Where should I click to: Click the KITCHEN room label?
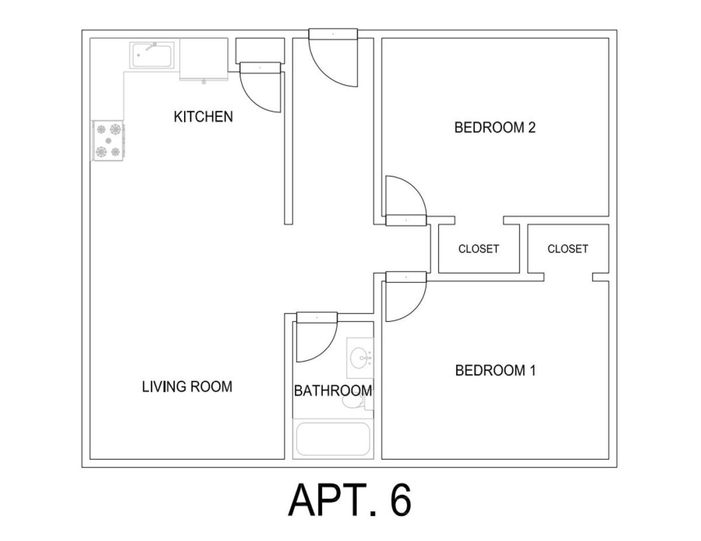click(203, 117)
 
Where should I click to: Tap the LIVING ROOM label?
click(187, 387)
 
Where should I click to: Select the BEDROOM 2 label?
click(495, 128)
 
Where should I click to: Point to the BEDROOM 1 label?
click(495, 371)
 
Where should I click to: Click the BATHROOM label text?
click(333, 391)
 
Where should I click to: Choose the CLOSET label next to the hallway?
click(479, 249)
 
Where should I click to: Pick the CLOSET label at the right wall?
click(568, 249)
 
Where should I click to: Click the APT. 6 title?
click(350, 500)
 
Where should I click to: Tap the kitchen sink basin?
click(152, 55)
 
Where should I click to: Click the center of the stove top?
click(109, 141)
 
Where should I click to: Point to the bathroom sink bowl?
click(359, 358)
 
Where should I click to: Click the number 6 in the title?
click(401, 500)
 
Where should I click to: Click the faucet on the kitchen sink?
click(150, 47)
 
